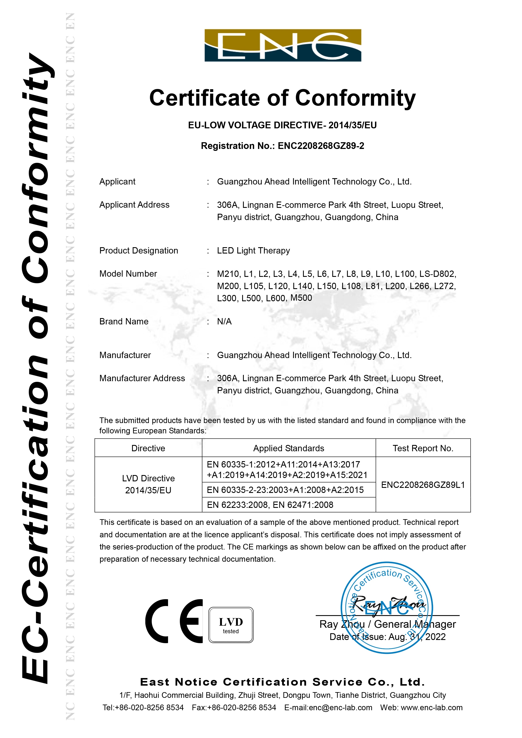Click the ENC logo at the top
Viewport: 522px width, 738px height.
pyautogui.click(x=283, y=45)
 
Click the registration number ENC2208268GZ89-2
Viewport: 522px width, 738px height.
pyautogui.click(x=321, y=146)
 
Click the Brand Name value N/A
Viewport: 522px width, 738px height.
pyautogui.click(x=224, y=321)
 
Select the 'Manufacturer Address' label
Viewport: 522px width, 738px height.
pyautogui.click(x=142, y=378)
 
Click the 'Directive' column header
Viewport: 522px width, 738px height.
pyautogui.click(x=148, y=448)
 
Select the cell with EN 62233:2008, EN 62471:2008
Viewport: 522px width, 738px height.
pyautogui.click(x=270, y=505)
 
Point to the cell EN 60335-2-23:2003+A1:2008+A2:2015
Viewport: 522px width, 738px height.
pyautogui.click(x=285, y=490)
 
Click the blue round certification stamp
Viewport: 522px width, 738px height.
pyautogui.click(x=387, y=608)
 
